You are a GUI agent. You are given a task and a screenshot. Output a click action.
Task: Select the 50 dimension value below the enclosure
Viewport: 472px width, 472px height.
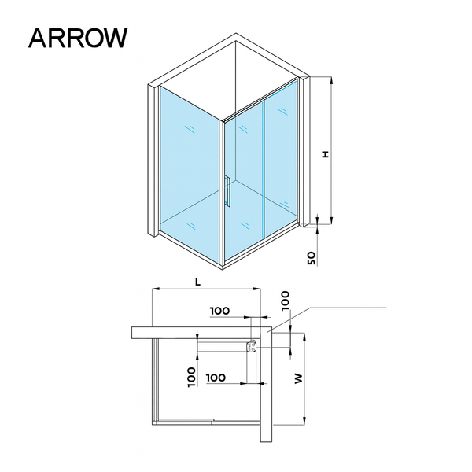pos(312,256)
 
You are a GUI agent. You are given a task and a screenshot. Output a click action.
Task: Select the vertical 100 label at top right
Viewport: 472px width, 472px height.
pos(286,300)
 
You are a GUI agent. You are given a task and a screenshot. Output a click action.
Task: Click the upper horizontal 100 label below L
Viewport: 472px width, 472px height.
pos(220,311)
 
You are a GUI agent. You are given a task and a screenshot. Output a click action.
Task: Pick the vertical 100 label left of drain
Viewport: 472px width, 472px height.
pos(191,376)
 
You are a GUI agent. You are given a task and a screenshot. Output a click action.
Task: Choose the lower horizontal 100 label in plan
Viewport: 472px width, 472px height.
pos(217,377)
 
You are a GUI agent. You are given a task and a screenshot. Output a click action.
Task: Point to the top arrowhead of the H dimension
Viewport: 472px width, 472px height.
pos(331,80)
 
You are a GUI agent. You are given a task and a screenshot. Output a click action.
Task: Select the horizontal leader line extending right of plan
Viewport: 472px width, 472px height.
pos(346,306)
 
